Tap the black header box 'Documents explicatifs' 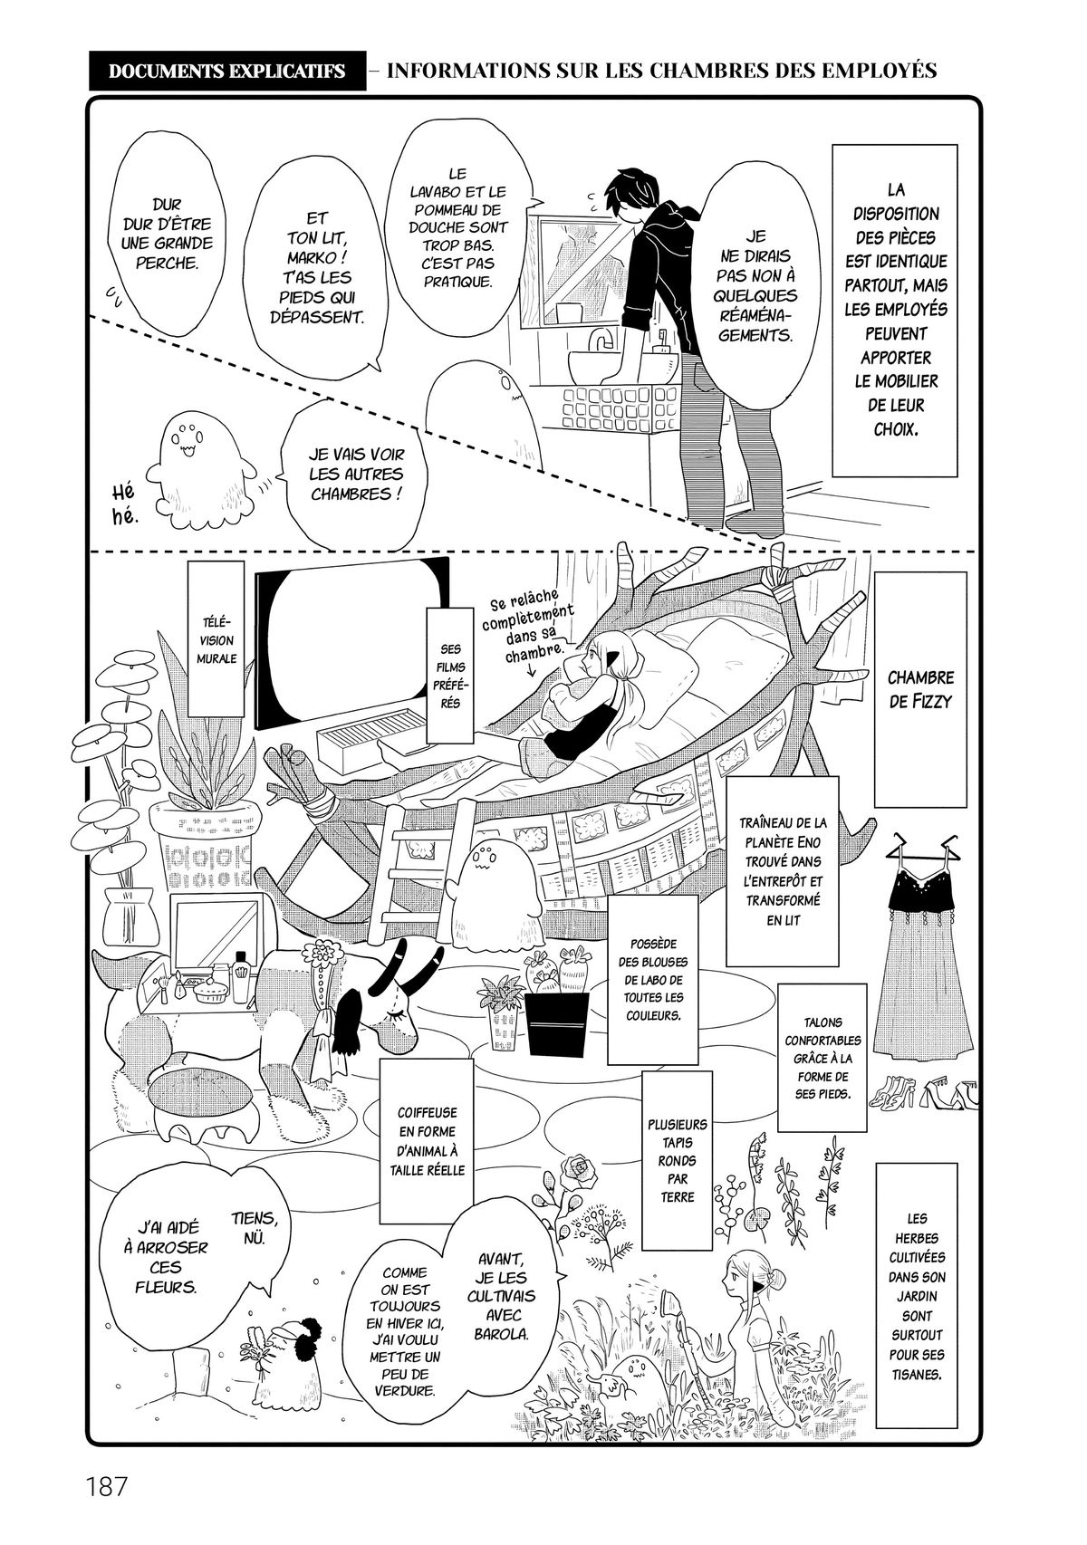tap(226, 71)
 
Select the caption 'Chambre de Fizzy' tap(920, 688)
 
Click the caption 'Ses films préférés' tap(451, 672)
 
